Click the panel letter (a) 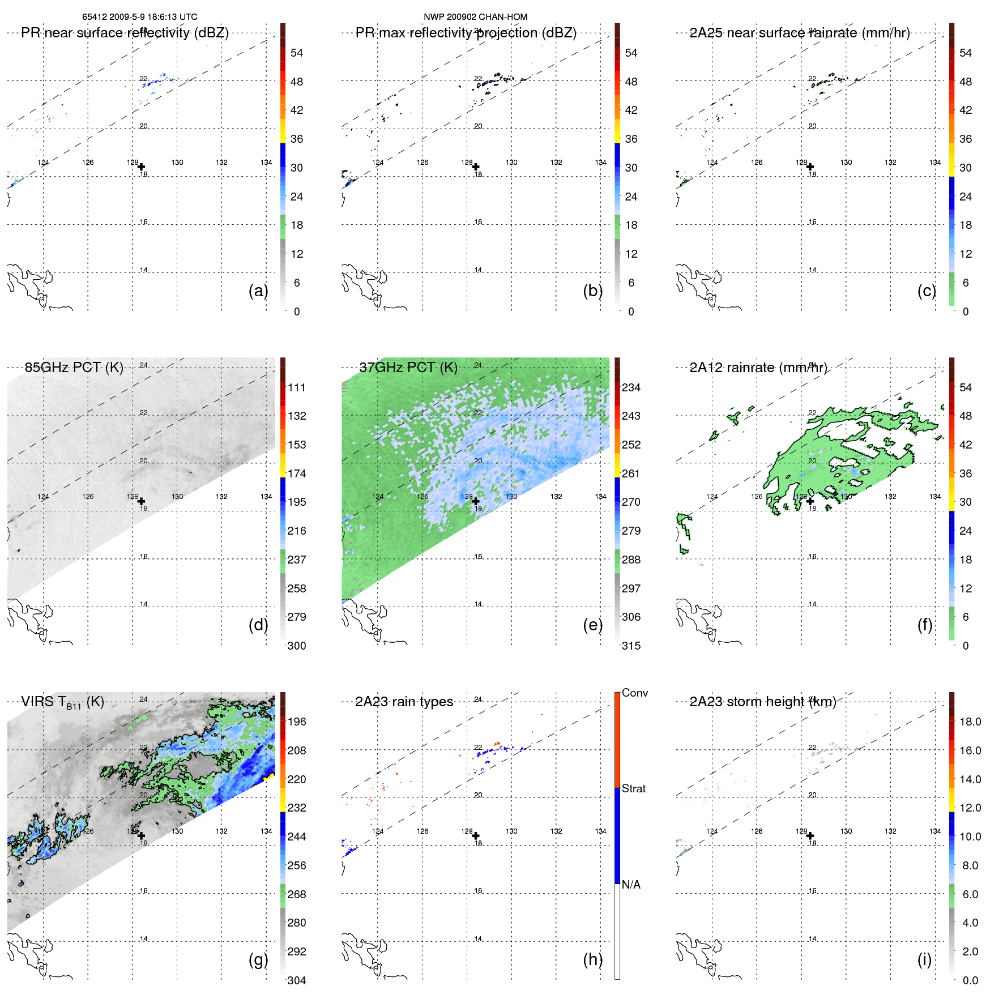click(258, 291)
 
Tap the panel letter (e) click(592, 625)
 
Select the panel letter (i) click(924, 959)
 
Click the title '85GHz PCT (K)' click(74, 367)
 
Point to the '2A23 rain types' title click(404, 702)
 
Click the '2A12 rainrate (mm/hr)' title click(758, 367)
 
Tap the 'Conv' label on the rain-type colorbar click(634, 693)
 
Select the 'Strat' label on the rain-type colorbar click(633, 788)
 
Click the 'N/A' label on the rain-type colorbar click(631, 885)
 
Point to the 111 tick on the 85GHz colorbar click(297, 387)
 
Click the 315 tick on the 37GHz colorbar click(631, 646)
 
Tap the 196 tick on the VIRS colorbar click(297, 722)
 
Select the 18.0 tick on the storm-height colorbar click(970, 722)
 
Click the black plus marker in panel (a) click(141, 167)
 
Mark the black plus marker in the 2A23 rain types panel click(476, 835)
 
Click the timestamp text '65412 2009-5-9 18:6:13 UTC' click(139, 17)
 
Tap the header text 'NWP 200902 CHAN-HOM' click(475, 17)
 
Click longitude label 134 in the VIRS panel click(266, 831)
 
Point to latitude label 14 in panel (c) click(812, 270)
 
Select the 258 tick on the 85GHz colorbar click(297, 588)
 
